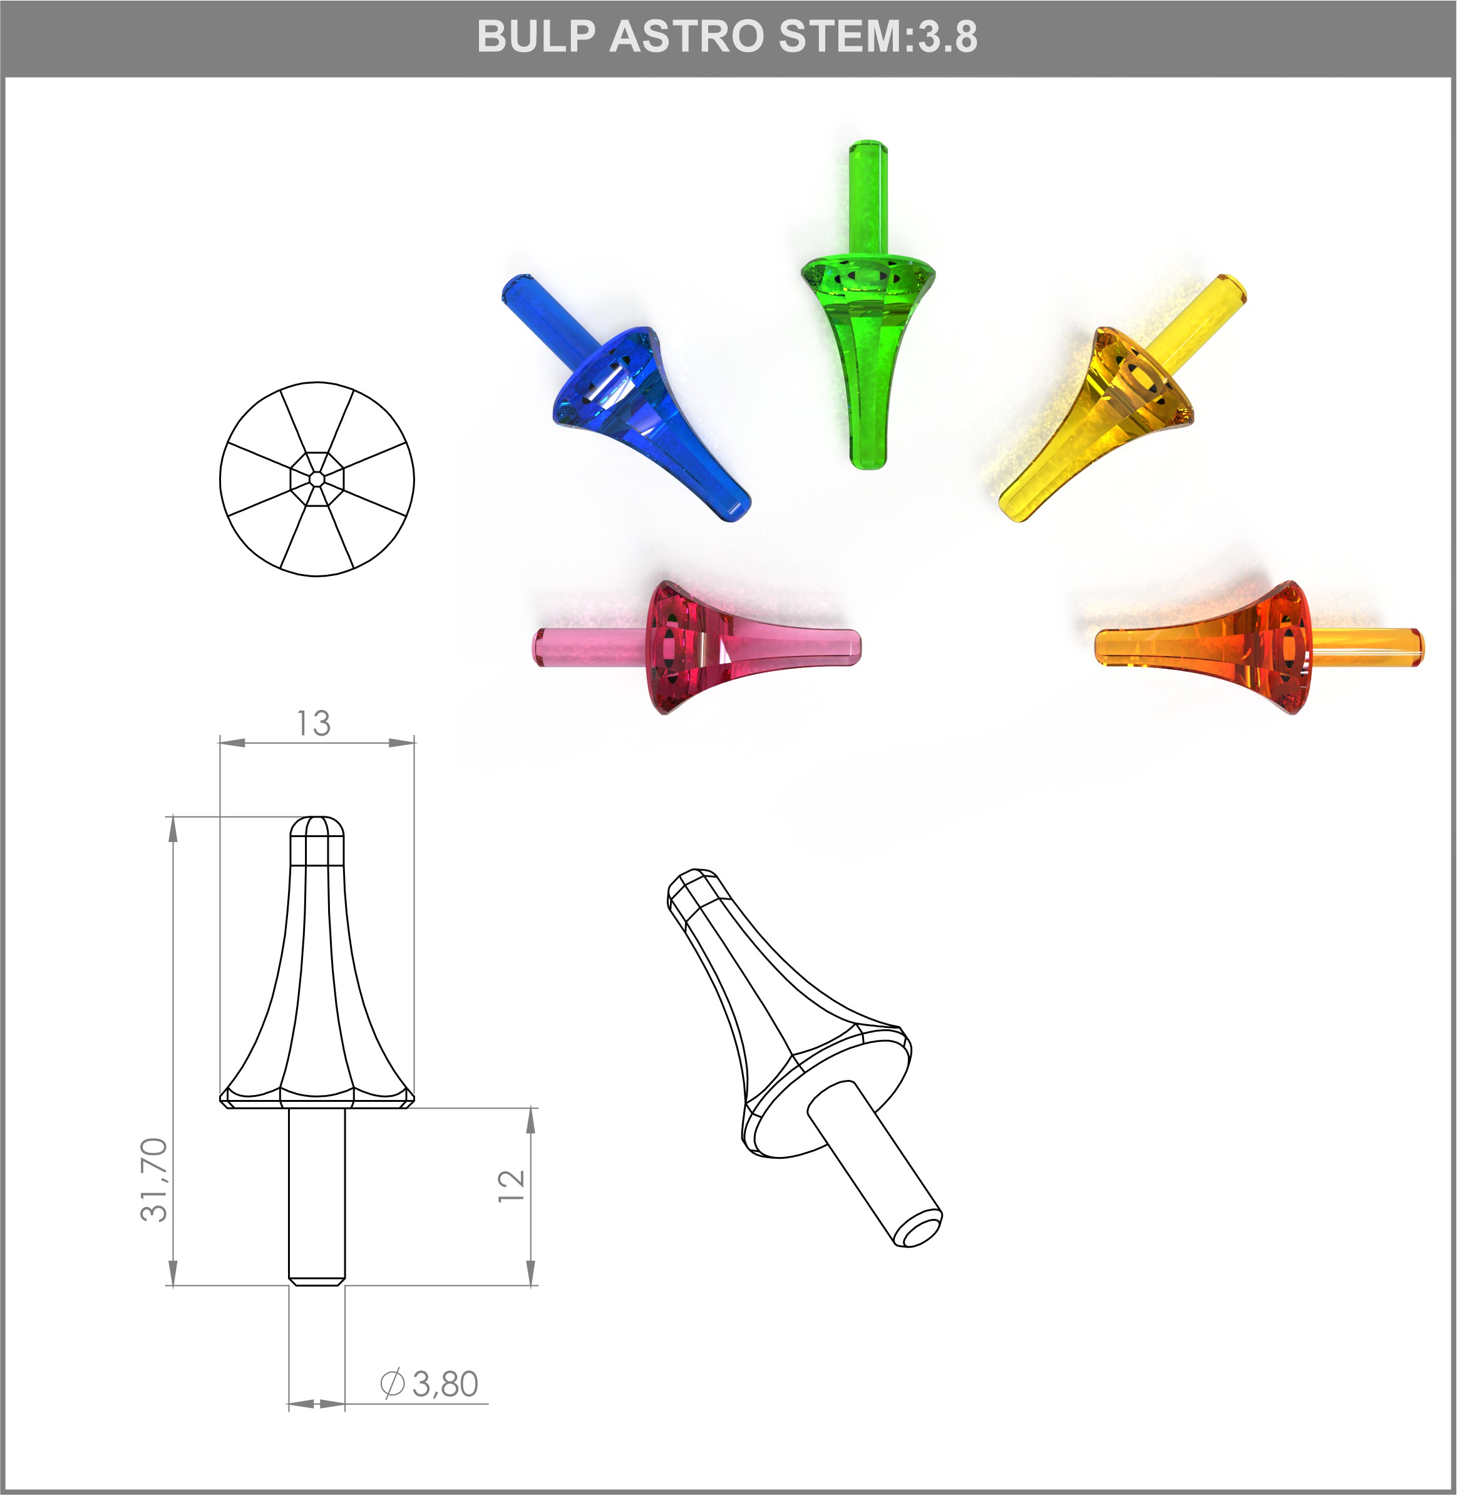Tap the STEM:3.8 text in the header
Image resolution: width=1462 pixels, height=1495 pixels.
coord(877,36)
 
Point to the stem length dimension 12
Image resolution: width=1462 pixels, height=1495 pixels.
coord(512,1186)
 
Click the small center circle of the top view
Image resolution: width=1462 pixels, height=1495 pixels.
coord(316,479)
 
